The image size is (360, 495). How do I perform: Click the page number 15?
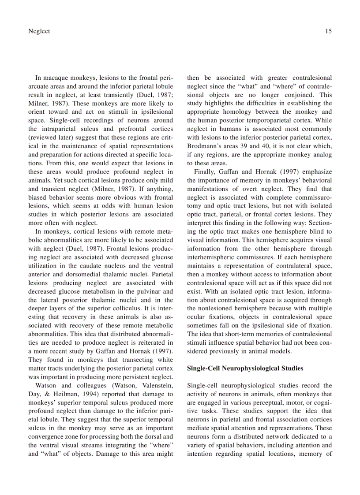[328, 31]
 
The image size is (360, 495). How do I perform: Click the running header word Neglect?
[39, 31]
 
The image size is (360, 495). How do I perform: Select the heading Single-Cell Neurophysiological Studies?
[245, 368]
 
